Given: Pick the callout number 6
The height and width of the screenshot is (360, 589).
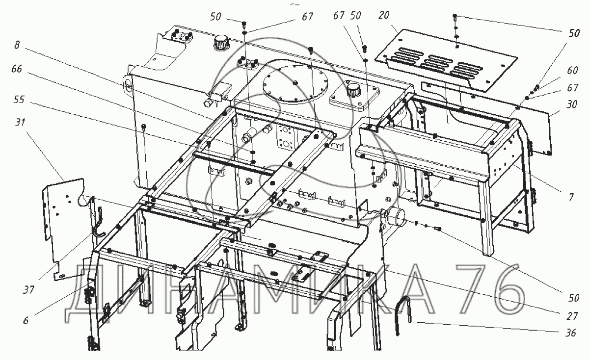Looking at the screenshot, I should pyautogui.click(x=26, y=320).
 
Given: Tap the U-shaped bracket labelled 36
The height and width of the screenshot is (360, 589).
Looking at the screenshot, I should pyautogui.click(x=403, y=313).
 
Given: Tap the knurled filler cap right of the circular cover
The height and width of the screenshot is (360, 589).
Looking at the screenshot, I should pyautogui.click(x=352, y=90).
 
